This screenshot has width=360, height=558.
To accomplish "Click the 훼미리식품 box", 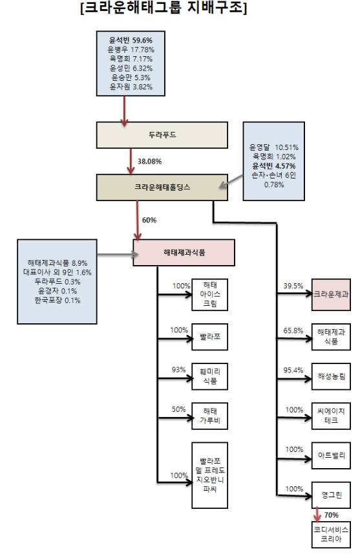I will [211, 377].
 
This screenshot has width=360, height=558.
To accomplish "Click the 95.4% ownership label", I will [293, 369].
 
